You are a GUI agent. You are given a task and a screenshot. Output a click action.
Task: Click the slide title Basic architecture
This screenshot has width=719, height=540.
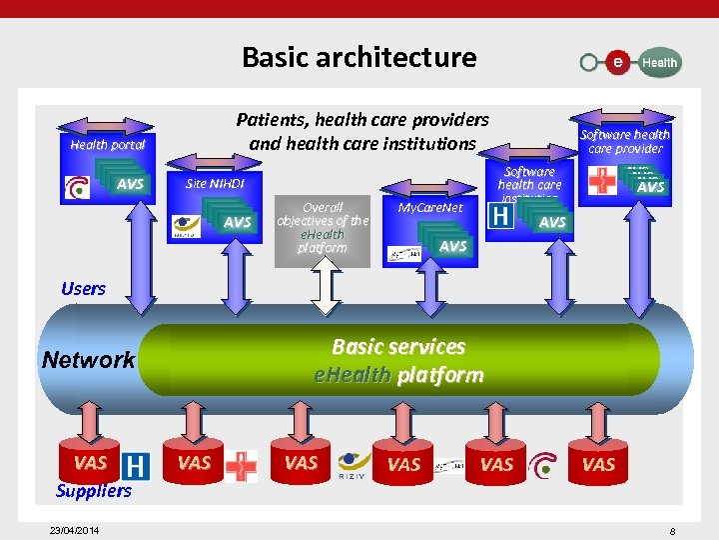click(x=359, y=57)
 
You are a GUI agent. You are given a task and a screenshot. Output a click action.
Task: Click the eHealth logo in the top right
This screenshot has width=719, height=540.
click(x=630, y=62)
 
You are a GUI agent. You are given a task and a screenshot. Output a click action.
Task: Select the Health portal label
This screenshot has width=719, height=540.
click(x=108, y=144)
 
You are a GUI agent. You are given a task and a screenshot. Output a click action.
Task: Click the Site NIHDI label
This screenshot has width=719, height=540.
click(x=215, y=184)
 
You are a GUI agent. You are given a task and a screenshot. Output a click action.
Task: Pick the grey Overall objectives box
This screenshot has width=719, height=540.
click(x=323, y=228)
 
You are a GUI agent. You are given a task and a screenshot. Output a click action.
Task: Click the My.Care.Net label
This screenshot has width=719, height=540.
click(x=430, y=208)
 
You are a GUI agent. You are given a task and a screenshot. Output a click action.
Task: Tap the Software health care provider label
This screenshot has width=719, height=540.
click(x=625, y=141)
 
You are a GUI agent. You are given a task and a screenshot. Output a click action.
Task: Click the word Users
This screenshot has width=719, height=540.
click(x=83, y=289)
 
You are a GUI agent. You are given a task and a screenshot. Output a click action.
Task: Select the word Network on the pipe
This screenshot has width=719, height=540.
click(x=88, y=360)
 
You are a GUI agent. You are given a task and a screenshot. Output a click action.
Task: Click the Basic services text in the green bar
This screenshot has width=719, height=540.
click(x=398, y=347)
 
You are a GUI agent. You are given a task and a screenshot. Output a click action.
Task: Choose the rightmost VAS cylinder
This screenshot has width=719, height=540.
click(x=598, y=463)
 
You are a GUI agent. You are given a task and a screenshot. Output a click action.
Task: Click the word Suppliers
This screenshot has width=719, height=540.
click(x=94, y=490)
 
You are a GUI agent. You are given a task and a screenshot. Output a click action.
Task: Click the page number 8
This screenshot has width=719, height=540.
click(x=672, y=531)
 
